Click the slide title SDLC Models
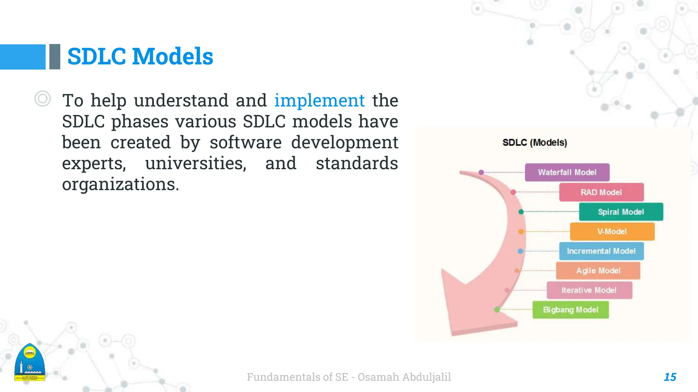(x=140, y=56)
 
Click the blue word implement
(x=319, y=100)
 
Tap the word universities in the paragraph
(x=196, y=163)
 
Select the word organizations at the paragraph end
(x=120, y=184)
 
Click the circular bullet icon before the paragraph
(x=43, y=99)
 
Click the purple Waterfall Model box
(x=567, y=173)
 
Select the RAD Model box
(x=601, y=192)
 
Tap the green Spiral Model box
(x=621, y=212)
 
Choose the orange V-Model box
(x=612, y=232)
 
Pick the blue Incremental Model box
(x=601, y=251)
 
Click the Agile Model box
(x=598, y=271)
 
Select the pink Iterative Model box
(x=589, y=290)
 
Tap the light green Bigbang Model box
(x=571, y=310)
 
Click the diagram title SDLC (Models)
(x=534, y=143)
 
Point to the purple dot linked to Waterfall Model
(x=481, y=173)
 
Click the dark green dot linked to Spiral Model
(x=521, y=212)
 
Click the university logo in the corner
(x=30, y=363)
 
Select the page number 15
(x=670, y=377)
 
